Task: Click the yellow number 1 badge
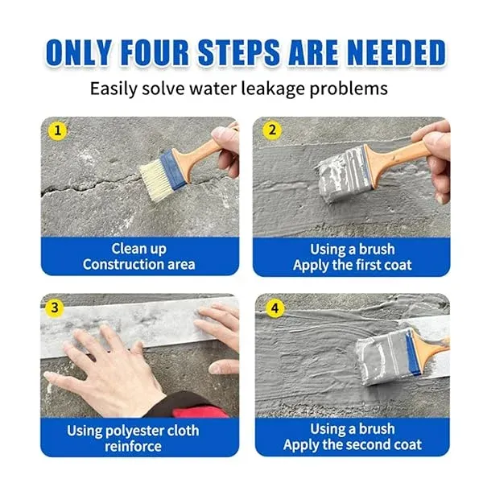58,130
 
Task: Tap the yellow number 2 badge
272,130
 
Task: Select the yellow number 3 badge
55,308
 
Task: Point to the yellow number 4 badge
275,308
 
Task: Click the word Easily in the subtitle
113,89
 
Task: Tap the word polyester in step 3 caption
130,431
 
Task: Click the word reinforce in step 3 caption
133,446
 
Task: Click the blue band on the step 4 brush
412,352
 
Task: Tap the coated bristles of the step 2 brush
343,174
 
